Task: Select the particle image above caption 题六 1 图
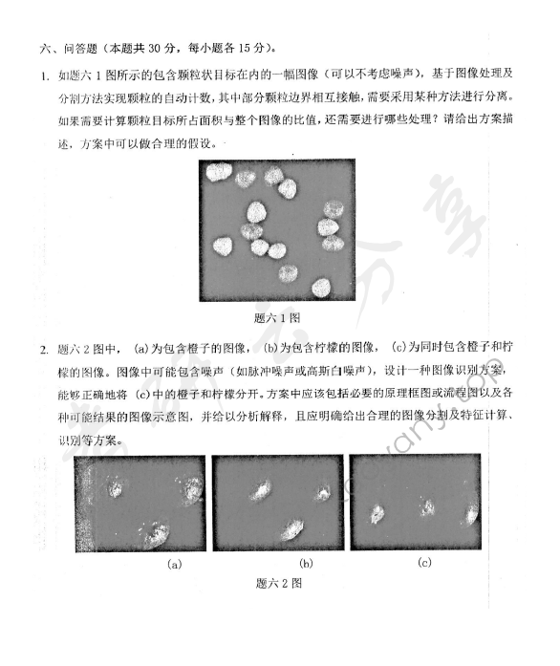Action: [x=277, y=230]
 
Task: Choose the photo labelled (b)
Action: [x=277, y=504]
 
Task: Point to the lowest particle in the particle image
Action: [x=320, y=286]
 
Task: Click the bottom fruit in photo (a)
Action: [x=152, y=532]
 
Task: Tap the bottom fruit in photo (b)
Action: [x=291, y=527]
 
